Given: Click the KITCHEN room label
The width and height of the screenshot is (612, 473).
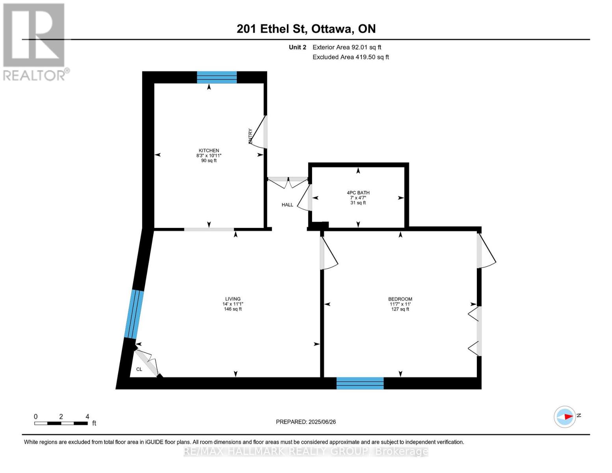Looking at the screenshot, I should [208, 151].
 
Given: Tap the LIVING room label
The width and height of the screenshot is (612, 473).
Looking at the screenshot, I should [233, 299].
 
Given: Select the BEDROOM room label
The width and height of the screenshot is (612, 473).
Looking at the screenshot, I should [400, 299].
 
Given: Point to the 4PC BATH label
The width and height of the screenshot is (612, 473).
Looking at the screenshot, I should [358, 193].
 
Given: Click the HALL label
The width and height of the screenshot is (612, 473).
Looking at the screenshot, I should [287, 205].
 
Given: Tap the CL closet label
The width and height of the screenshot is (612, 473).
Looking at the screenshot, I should [139, 369].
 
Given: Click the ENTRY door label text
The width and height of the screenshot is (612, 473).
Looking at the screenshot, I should [250, 136].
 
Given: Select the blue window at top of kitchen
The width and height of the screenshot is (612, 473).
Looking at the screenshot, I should [217, 77].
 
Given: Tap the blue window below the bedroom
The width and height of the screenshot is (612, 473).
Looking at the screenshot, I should [360, 383].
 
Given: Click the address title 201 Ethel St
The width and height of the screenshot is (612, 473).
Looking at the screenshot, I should [306, 29].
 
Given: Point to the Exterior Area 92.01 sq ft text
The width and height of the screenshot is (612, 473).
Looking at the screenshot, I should [347, 47].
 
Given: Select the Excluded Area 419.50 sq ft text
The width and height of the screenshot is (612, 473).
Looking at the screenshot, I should [350, 57].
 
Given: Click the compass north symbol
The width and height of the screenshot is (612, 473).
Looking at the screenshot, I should [565, 417].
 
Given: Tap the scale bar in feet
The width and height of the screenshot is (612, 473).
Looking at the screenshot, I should [61, 423].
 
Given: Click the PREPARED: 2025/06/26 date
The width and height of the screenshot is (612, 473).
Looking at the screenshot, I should [306, 422].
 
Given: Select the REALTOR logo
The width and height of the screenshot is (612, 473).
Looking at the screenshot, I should [35, 42].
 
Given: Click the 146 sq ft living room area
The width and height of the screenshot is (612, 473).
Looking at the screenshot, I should [233, 309].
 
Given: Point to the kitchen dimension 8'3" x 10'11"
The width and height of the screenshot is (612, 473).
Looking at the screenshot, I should [208, 156].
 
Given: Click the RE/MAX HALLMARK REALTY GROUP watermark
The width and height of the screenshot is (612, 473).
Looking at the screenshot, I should [306, 451].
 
